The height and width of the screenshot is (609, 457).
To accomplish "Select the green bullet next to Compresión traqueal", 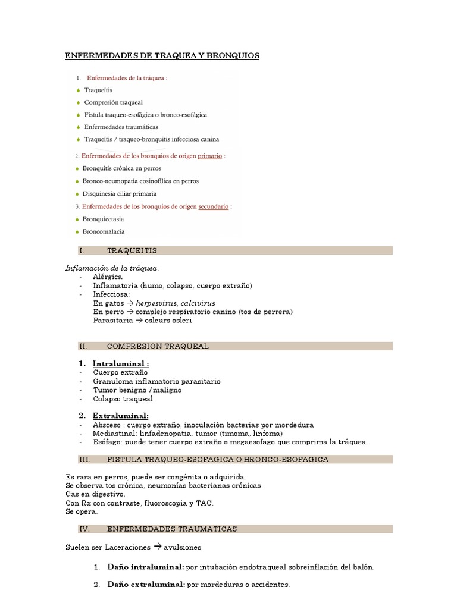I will click(x=78, y=102).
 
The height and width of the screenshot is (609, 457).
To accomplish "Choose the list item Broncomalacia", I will click(x=105, y=231).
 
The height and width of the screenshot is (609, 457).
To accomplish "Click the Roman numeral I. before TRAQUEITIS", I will click(x=82, y=250).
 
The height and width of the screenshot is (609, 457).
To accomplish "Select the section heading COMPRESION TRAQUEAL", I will click(x=157, y=346).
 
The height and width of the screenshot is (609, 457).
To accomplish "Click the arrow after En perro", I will click(x=130, y=312).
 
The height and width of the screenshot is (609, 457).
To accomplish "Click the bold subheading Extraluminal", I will click(x=120, y=416).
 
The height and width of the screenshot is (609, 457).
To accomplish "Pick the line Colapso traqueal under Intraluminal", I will click(x=123, y=399).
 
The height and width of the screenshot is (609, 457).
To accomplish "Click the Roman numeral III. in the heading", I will click(x=83, y=459).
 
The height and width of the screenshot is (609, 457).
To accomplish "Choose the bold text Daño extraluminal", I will click(x=146, y=585).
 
